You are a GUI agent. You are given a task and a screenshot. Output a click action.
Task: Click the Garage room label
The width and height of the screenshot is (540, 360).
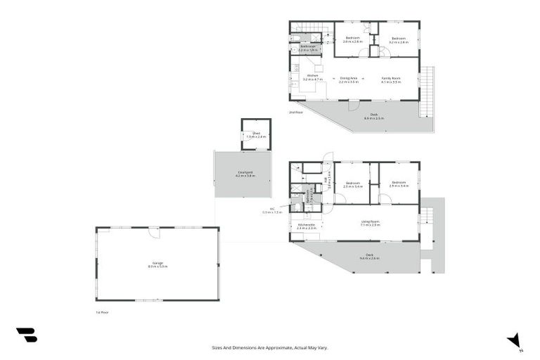click(157, 264)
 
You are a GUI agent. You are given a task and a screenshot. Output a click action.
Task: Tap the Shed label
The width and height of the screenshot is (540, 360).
click(257, 134)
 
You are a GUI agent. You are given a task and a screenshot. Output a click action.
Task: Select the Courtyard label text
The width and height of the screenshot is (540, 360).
click(245, 174)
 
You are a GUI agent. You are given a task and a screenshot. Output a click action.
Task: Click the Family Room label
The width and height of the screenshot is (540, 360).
click(391, 79)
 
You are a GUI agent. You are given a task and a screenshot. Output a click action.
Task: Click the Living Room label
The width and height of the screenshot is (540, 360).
click(370, 223)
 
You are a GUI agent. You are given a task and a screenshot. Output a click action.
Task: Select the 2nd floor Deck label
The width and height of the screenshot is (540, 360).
click(374, 116)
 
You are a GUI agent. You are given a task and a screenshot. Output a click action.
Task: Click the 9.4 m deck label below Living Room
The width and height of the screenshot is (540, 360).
click(369, 257)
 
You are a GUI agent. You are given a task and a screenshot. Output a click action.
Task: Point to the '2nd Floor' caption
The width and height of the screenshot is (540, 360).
click(296, 112)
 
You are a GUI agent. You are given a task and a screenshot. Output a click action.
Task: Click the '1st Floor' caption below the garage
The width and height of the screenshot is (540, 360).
click(103, 311)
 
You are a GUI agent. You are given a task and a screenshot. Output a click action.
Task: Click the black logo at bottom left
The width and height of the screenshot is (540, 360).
click(27, 335)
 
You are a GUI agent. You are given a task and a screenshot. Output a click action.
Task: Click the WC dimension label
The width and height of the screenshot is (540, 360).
click(272, 210)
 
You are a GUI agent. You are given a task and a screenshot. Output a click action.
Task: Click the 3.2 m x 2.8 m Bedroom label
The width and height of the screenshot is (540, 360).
click(399, 40)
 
